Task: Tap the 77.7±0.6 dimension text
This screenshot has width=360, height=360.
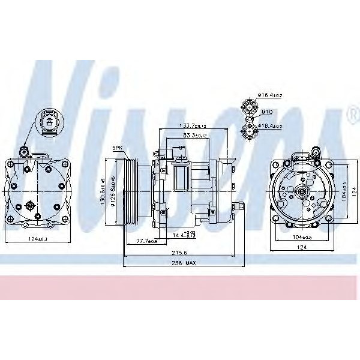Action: (145, 241)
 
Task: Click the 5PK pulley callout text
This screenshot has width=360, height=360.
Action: (116, 148)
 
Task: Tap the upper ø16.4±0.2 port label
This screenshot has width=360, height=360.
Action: (271, 95)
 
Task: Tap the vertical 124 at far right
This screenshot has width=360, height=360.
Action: (353, 191)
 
